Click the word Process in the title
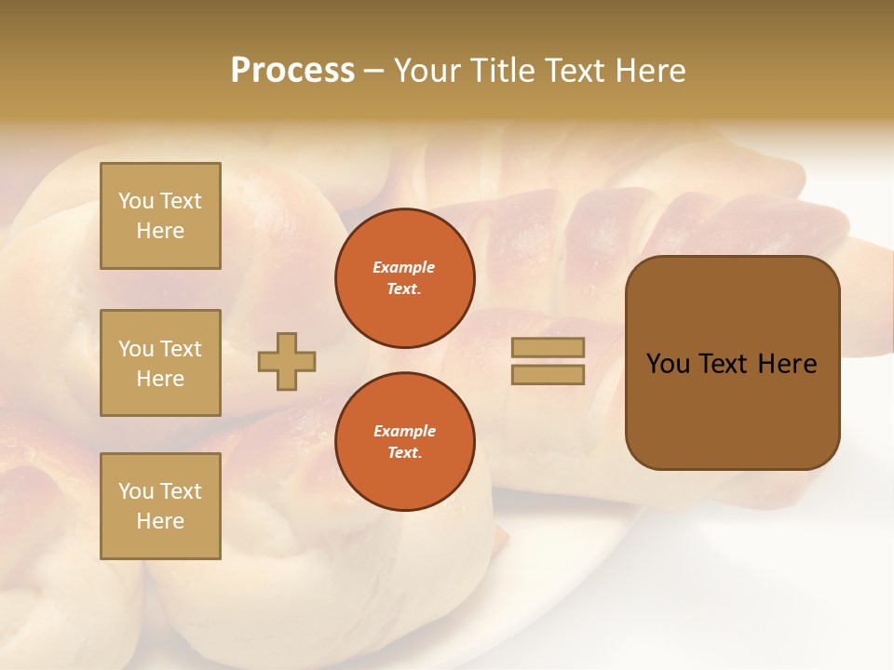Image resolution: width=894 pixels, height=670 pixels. point(292,71)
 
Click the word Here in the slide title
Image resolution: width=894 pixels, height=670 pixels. point(649,71)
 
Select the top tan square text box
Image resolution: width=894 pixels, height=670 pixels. point(160,216)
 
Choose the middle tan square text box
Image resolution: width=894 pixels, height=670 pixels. point(160,363)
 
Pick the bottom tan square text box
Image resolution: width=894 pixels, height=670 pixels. point(160,505)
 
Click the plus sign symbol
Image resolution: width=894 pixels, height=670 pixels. point(287,361)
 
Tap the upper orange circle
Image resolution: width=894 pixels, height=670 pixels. point(405,278)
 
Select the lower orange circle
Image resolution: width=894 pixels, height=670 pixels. point(405,441)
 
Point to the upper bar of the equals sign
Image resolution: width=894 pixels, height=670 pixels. point(548,347)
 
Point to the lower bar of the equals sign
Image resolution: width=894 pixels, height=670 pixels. point(548,374)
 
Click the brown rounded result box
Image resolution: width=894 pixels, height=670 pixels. point(732,363)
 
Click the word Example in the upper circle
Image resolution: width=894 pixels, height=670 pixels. point(403,267)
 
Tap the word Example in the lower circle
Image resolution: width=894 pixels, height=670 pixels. point(404,431)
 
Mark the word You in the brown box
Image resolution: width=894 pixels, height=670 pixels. point(667,364)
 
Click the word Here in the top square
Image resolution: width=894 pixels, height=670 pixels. point(160,231)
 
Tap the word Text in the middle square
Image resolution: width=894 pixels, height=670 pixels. point(182,349)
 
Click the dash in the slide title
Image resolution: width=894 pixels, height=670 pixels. point(373,71)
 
